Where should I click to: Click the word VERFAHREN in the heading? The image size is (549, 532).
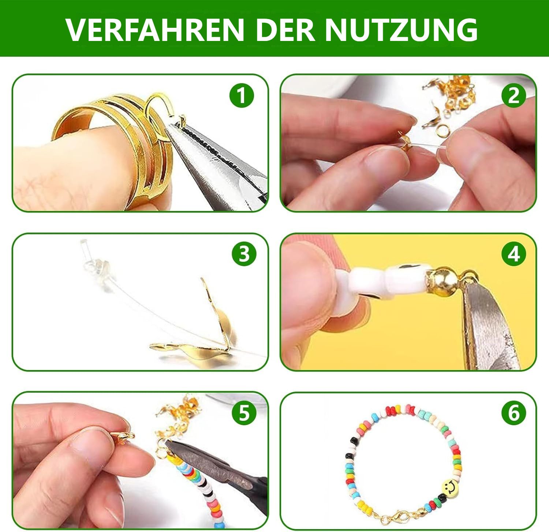click(155, 29)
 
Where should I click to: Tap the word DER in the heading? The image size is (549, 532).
click(285, 29)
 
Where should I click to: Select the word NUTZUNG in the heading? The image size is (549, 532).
click(401, 29)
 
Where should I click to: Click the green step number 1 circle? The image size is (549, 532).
click(242, 95)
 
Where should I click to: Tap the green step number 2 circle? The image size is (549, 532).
click(513, 95)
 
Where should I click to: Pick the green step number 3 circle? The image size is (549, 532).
click(244, 254)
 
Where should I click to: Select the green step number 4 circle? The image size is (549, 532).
click(513, 254)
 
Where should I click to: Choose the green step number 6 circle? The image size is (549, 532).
click(513, 413)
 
